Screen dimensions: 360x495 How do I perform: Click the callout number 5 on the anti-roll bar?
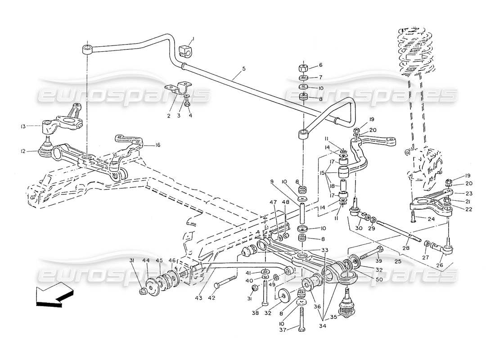tap(243, 69)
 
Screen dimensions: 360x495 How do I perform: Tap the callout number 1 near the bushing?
tap(193, 39)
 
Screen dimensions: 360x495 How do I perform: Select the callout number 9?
tap(284, 182)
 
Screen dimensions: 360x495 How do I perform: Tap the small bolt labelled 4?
tap(188, 104)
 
